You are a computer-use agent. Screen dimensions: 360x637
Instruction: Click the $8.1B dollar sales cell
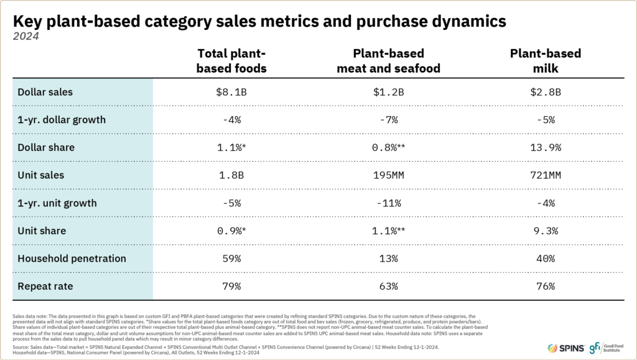[231, 92]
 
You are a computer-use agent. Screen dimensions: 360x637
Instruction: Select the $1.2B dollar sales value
[389, 92]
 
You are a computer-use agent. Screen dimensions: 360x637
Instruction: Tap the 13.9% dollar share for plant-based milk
[546, 147]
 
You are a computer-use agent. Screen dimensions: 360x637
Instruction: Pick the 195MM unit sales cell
[389, 175]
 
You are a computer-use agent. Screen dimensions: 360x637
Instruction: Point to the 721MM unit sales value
[546, 175]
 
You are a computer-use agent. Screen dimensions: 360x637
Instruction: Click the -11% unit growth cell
[389, 203]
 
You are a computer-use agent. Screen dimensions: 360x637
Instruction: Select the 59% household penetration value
[231, 258]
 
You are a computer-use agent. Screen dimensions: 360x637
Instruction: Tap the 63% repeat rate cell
[389, 285]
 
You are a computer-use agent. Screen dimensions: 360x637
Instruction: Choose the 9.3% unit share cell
[546, 231]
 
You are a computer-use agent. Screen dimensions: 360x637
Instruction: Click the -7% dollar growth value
[389, 120]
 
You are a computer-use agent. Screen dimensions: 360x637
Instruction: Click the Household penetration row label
[72, 258]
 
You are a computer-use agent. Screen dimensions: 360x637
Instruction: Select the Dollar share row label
[46, 147]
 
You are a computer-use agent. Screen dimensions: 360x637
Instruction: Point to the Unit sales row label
[41, 175]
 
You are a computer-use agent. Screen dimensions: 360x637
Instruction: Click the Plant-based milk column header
[546, 61]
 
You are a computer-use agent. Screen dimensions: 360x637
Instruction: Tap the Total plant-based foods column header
[231, 61]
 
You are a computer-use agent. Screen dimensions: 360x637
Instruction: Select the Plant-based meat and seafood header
[389, 61]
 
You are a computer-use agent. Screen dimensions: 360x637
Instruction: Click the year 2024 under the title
[26, 36]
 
